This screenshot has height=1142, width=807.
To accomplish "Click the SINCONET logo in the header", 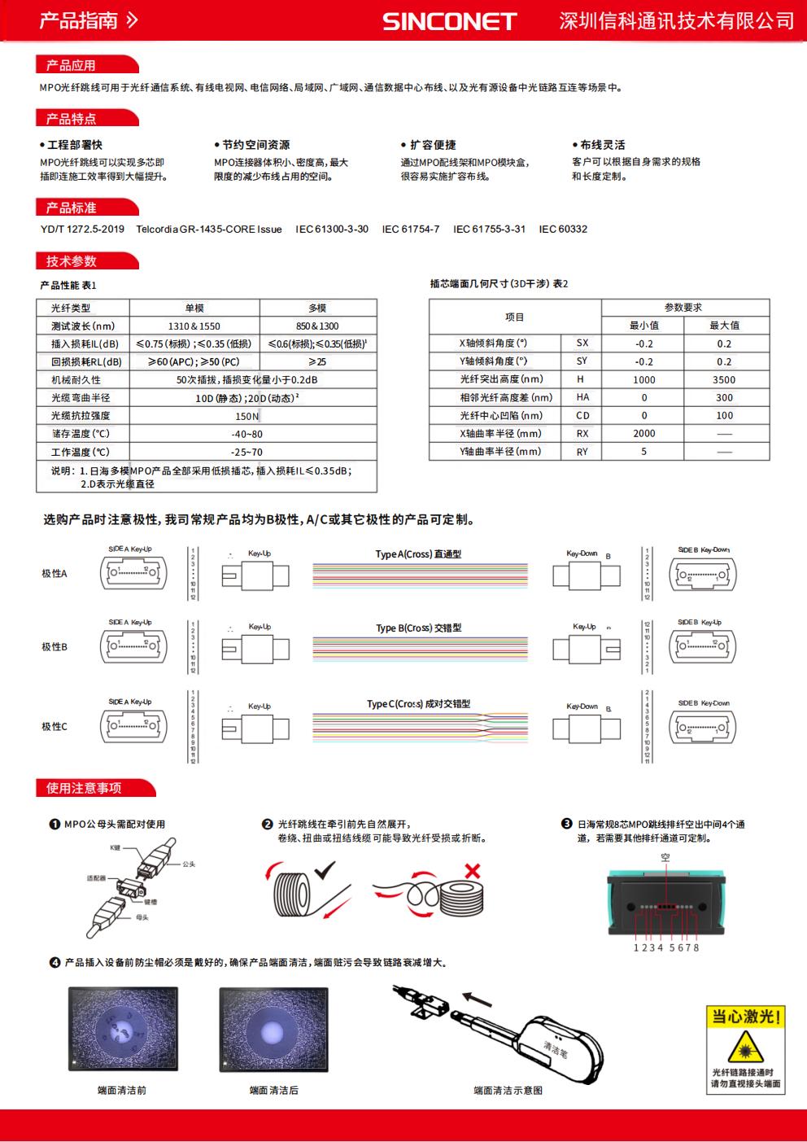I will (449, 21).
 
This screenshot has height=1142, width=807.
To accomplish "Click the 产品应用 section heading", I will (71, 65).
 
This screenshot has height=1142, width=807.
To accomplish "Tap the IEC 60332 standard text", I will (563, 230).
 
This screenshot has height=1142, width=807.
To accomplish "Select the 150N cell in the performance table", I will (247, 416).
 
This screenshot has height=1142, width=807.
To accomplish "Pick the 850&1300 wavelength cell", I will (317, 326).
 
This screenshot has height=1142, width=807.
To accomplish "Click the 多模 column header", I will (317, 308).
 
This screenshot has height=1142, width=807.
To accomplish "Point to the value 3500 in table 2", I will (724, 379).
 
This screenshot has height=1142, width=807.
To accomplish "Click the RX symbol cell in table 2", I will (582, 434).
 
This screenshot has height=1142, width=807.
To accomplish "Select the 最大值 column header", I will (724, 326).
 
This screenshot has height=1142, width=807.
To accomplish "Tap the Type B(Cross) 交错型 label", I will (419, 628).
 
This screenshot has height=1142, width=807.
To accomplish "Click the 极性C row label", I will (55, 726).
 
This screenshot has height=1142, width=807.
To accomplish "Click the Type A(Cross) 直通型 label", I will (418, 554).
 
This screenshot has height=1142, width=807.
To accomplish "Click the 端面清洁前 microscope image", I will (122, 1029).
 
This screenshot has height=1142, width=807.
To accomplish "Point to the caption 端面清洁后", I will (273, 1090).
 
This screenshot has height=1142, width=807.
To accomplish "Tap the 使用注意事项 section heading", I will (84, 788).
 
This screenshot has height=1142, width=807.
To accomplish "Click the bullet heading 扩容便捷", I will (433, 145).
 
